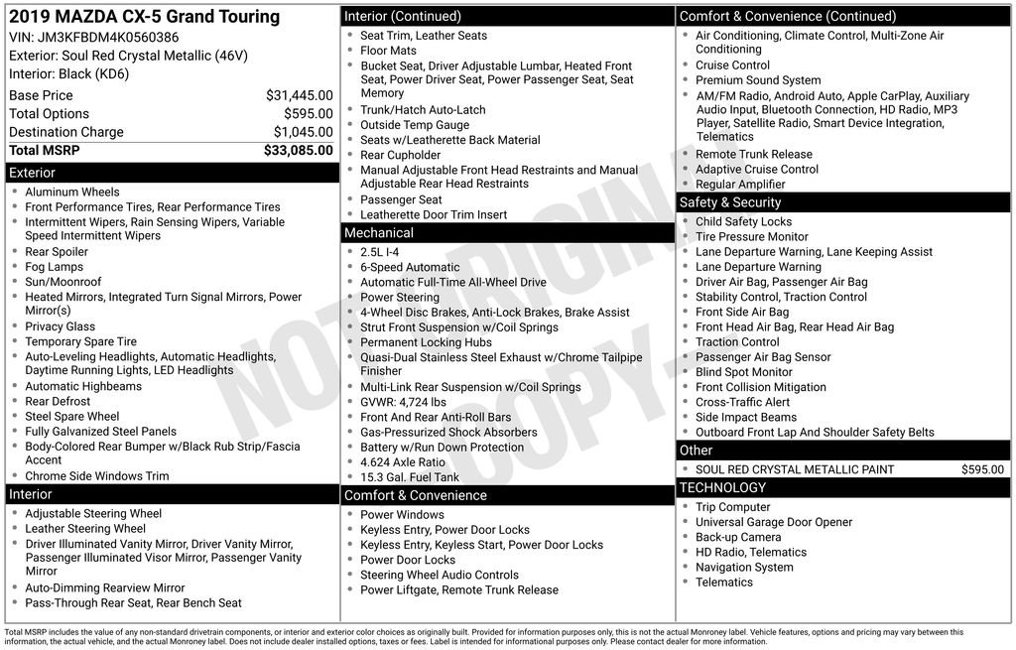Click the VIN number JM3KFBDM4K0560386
click(108, 38)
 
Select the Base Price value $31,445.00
click(299, 95)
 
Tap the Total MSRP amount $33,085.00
click(298, 151)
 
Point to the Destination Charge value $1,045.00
click(303, 132)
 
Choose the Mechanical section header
click(378, 233)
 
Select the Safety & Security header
click(730, 202)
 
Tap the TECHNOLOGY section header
click(722, 487)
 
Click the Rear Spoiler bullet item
click(57, 252)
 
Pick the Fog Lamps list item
click(54, 267)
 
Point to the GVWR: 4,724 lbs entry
click(403, 403)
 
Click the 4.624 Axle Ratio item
click(403, 462)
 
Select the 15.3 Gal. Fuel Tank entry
click(410, 477)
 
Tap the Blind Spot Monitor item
click(744, 372)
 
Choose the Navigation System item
click(744, 568)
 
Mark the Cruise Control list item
click(732, 65)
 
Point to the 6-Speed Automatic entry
click(410, 267)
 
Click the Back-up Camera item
click(738, 537)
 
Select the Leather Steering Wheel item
click(85, 529)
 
